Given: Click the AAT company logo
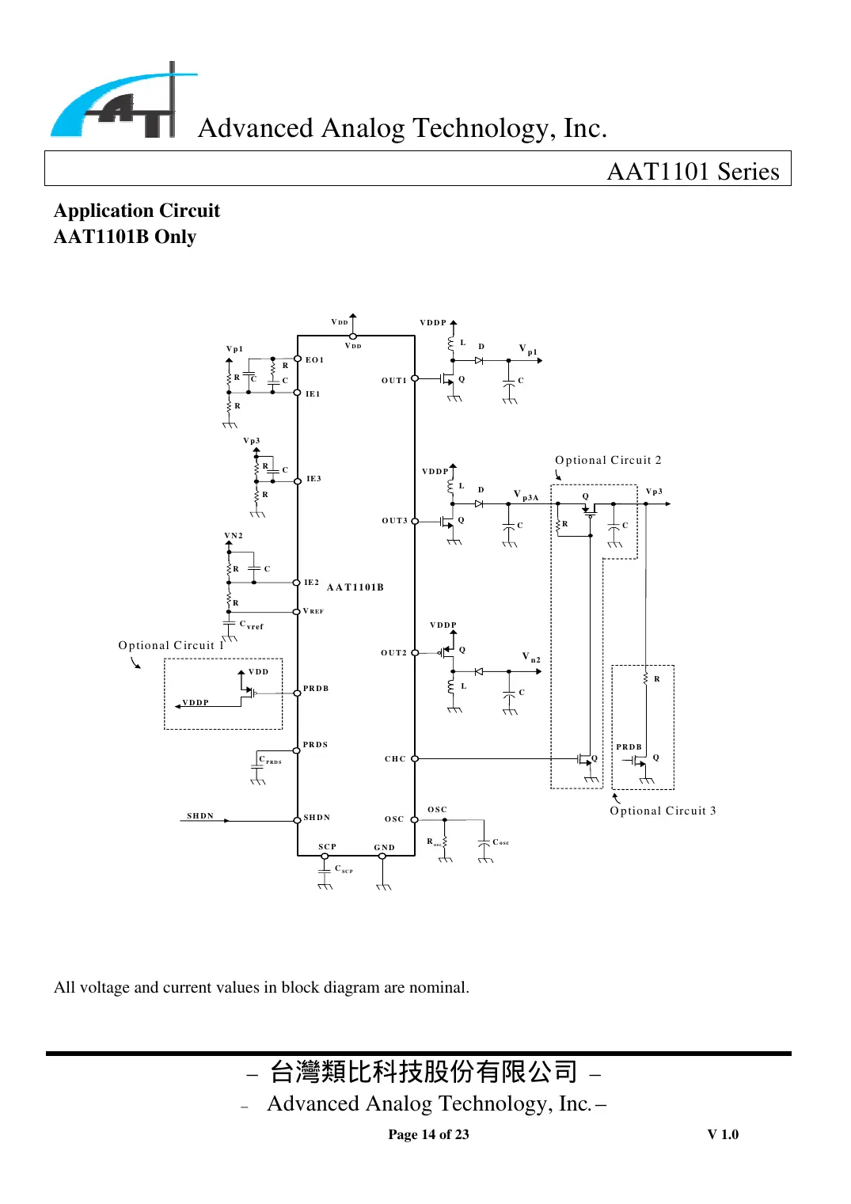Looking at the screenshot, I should [123, 103].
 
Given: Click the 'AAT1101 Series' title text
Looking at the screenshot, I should [693, 171].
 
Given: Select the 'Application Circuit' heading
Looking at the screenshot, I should [137, 211].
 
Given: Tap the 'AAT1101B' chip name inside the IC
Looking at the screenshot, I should [355, 587].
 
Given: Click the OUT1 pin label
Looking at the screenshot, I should [393, 381].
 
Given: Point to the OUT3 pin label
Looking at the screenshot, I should [394, 521].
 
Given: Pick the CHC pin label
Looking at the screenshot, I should [395, 759].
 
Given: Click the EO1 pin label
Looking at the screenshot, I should [314, 360].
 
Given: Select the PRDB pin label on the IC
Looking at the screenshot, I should [316, 689].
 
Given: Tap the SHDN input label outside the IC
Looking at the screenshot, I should [200, 816].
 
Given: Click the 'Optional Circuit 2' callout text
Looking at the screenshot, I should [608, 460].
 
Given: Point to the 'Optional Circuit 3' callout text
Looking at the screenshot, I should [663, 811].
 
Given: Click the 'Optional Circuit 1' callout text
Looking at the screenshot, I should [171, 645].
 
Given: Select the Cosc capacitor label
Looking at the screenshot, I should [500, 842].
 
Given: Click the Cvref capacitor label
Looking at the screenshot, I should [251, 625].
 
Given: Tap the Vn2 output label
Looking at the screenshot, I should [531, 657].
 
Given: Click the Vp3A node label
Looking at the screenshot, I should [526, 496].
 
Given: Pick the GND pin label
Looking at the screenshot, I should [384, 848].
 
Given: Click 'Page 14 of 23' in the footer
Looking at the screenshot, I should [428, 1134].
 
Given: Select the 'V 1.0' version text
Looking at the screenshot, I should [723, 1134].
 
